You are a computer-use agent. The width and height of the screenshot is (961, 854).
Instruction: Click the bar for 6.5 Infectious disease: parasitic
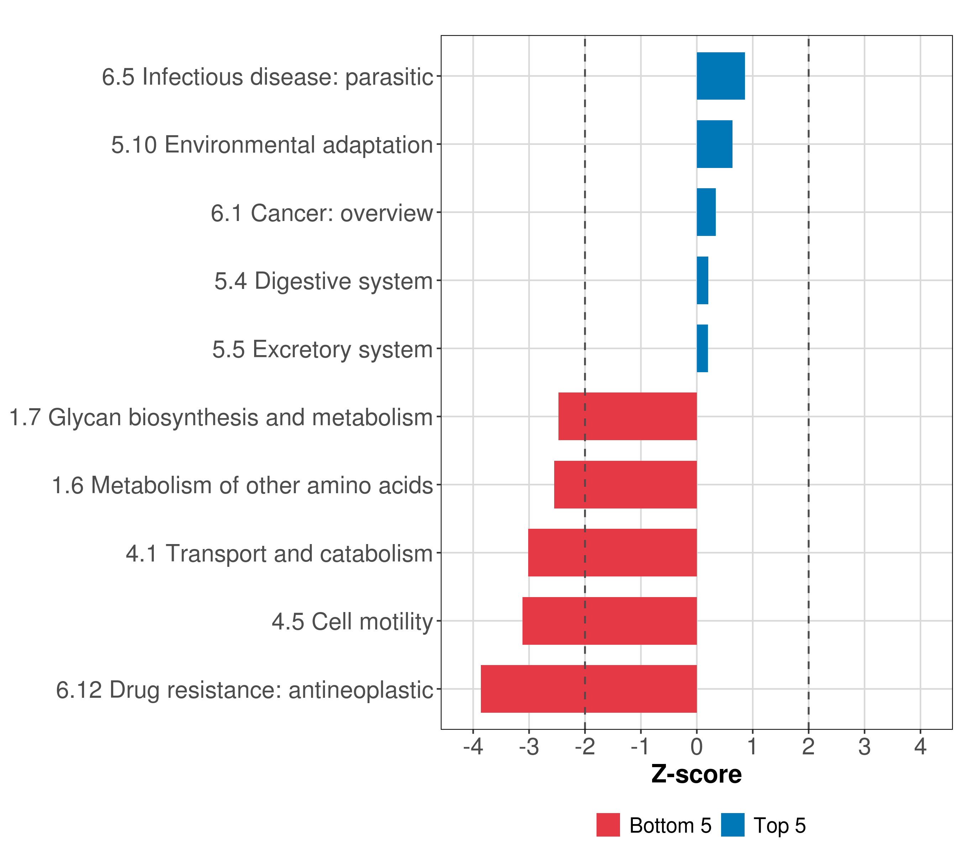tap(720, 76)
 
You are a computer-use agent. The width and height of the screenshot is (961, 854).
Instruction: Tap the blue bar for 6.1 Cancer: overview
tap(706, 212)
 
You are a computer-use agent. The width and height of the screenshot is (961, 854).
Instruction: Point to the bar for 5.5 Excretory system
tap(702, 348)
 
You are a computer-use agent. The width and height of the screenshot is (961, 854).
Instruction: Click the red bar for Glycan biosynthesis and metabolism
tap(627, 416)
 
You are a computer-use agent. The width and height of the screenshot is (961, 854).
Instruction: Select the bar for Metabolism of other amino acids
tap(625, 485)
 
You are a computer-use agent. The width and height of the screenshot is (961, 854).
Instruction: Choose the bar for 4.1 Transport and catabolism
tap(612, 553)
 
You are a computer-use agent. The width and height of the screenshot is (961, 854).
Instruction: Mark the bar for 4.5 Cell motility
tap(609, 621)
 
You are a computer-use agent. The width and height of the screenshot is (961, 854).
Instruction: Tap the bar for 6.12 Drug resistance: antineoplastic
tap(589, 689)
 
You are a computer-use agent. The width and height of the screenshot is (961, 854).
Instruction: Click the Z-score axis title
tap(696, 774)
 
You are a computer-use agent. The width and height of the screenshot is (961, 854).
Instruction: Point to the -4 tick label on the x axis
tap(473, 747)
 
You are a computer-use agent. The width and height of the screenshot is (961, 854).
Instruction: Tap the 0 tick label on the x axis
tap(697, 747)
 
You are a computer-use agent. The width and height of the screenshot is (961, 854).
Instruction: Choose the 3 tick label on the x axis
tap(864, 747)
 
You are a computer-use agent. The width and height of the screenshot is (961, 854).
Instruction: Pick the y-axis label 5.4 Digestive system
tap(324, 281)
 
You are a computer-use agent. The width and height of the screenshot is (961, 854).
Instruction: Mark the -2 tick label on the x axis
tap(585, 747)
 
